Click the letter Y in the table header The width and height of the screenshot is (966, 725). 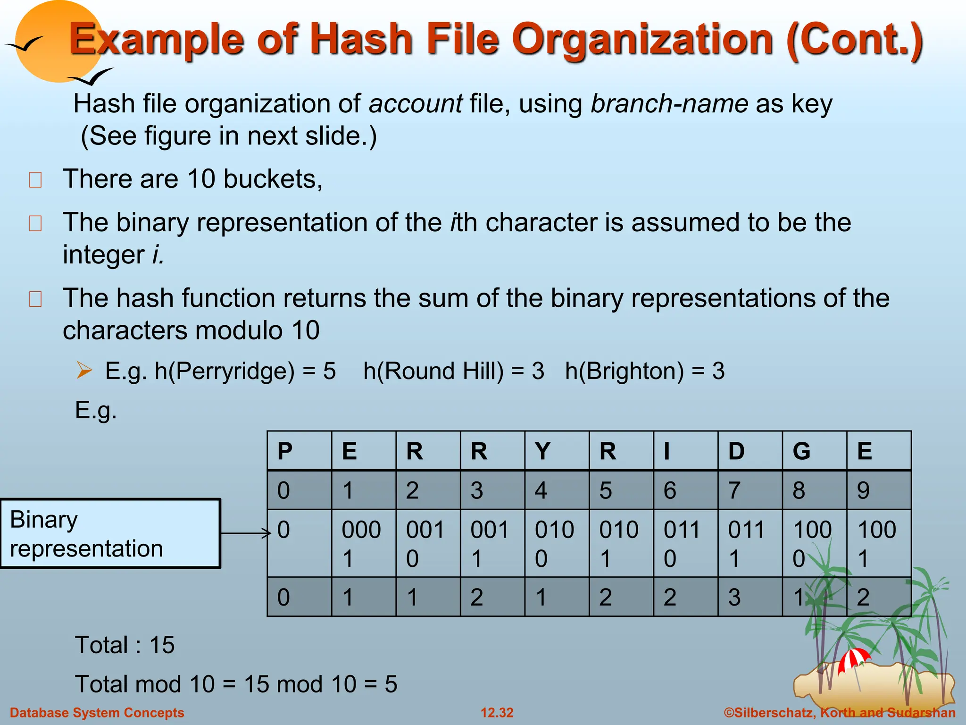(557, 451)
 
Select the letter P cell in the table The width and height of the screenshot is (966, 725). (299, 451)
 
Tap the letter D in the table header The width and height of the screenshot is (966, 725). (750, 451)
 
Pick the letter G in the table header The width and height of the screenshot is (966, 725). (814, 451)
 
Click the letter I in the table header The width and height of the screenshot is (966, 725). (685, 451)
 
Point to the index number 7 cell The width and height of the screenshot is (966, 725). (750, 490)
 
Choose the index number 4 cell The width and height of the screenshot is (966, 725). (557, 490)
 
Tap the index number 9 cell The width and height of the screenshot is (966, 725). (879, 490)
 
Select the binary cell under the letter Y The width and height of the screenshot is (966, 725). (557, 543)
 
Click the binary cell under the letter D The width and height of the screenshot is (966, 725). (750, 543)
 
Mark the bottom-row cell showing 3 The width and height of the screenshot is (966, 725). (750, 597)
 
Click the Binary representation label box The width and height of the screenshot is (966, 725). (110, 533)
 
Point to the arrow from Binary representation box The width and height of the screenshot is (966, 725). (245, 533)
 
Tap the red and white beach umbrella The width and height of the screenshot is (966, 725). (854, 659)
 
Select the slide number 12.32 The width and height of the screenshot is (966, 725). (497, 713)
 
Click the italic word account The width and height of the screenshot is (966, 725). (416, 104)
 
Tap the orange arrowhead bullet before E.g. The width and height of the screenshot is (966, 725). (84, 370)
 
